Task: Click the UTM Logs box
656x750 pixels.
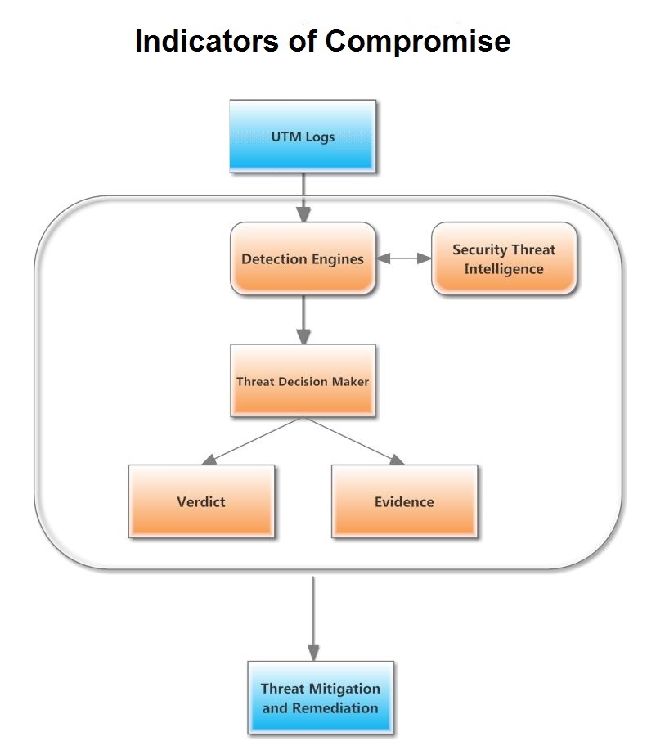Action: point(303,136)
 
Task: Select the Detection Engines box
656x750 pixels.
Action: point(303,258)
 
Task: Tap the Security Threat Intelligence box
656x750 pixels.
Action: point(504,258)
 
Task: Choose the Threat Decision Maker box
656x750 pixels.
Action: point(303,381)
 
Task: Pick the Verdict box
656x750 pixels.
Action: point(201,501)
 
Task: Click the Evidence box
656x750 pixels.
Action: point(404,501)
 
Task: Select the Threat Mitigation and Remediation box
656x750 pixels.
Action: point(320,698)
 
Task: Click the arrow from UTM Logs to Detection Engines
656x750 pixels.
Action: point(303,196)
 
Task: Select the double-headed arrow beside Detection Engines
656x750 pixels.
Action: point(404,258)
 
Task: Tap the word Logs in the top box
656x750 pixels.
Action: point(320,137)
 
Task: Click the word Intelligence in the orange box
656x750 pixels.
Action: point(504,268)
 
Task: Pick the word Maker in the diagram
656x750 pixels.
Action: point(351,382)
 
